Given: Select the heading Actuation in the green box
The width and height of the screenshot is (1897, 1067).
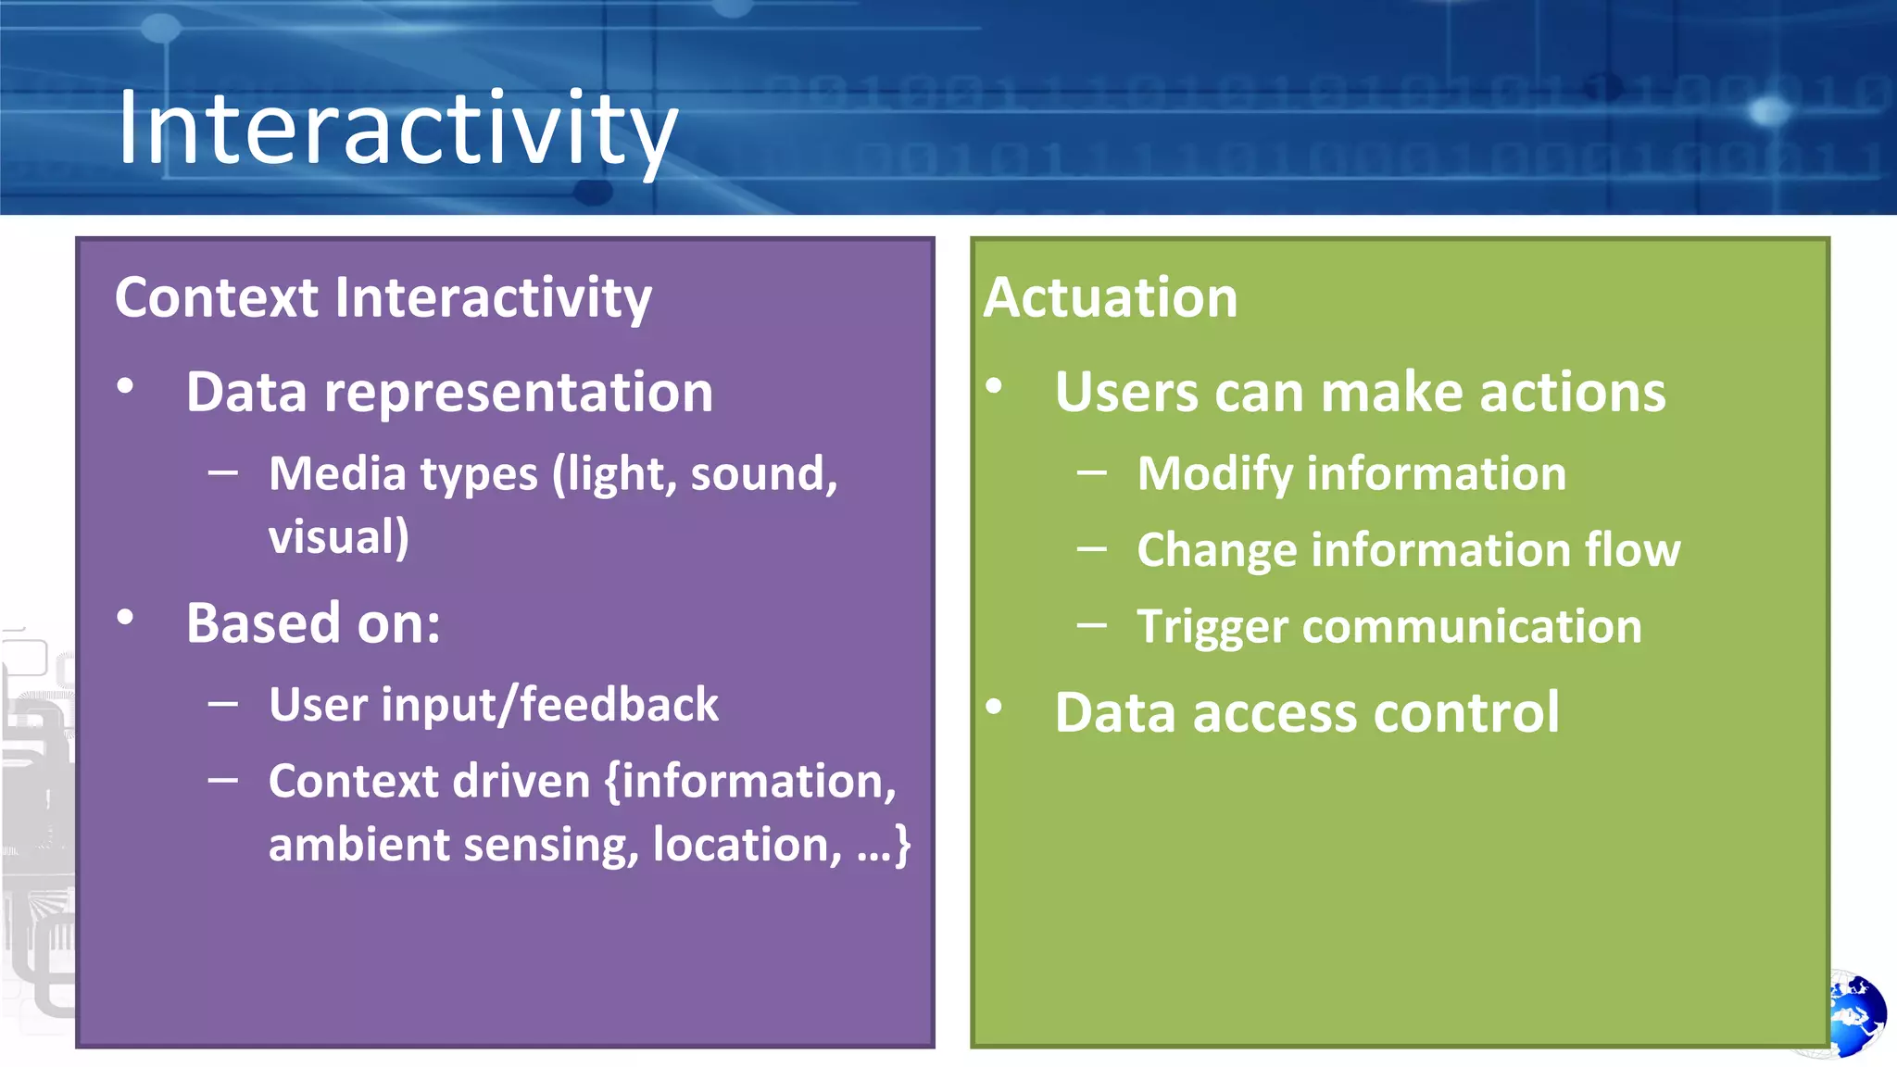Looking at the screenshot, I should coord(1110,298).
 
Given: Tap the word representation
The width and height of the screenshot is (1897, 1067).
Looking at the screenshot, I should coord(518,394).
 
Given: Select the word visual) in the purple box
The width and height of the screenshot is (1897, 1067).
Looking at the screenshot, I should coord(338,537).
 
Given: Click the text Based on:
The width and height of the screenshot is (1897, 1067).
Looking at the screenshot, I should coord(313,623).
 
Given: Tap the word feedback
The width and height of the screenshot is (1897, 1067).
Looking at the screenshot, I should coord(619,705).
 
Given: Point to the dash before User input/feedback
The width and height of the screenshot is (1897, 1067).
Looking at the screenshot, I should coord(223,704).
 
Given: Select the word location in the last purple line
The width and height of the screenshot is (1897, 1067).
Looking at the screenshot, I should coord(746,846).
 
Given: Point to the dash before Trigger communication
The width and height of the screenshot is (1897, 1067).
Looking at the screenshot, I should coord(1092,626).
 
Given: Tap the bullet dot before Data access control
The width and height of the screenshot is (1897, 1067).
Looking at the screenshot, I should coord(994,708).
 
